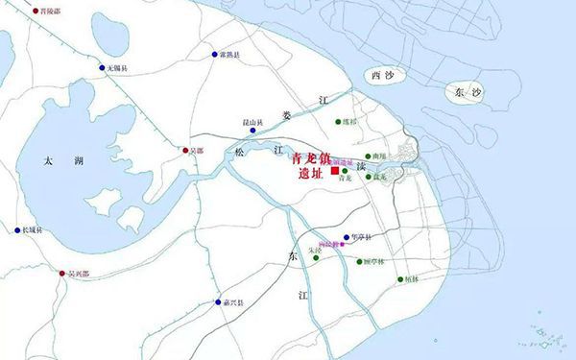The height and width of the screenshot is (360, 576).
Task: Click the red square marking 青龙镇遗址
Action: tap(334, 172)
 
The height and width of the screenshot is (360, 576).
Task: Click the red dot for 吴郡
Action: tap(186, 151)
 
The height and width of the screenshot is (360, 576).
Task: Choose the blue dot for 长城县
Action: tap(16, 230)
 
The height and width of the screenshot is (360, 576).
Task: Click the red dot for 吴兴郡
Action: tap(60, 273)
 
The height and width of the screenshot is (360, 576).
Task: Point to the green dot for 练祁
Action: tap(338, 122)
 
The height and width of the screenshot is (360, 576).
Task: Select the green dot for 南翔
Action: tap(367, 155)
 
